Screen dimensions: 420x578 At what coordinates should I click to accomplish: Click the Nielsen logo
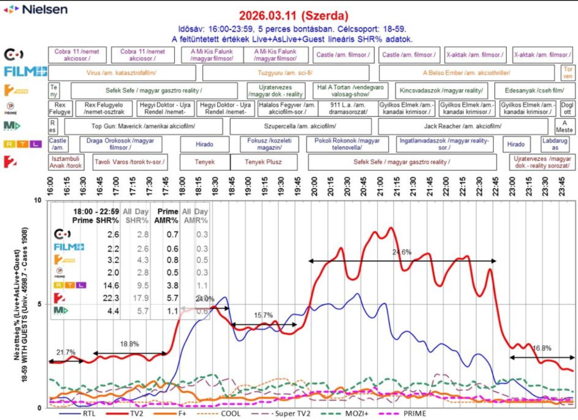pos(36,9)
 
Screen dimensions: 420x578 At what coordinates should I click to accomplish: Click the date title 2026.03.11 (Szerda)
pos(293,16)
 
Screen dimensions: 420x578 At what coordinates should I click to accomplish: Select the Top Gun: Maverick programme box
pos(143,126)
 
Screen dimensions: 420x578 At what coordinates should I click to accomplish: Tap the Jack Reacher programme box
pos(463,126)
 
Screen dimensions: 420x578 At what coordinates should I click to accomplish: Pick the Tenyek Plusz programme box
pos(263,162)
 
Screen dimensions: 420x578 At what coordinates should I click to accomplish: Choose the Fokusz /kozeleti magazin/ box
pos(269,144)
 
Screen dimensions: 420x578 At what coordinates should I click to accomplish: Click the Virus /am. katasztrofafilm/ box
pos(121,73)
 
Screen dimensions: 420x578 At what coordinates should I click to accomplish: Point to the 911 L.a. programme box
pos(348,108)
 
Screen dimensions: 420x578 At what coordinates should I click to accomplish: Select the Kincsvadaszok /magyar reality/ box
pos(441,91)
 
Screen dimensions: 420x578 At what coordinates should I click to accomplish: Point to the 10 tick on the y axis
pos(38,200)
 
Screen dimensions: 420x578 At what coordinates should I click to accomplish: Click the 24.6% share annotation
pos(402,252)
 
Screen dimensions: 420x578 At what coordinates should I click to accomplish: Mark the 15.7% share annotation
pos(263,315)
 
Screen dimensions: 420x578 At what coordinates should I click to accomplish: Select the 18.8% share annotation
pos(129,344)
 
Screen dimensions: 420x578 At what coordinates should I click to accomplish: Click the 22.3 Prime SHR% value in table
pos(111,298)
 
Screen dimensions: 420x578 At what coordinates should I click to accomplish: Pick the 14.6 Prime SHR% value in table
pos(111,285)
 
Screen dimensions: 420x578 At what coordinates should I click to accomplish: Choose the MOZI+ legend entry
pos(357,414)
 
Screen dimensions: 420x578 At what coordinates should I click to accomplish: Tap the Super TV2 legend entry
pos(293,414)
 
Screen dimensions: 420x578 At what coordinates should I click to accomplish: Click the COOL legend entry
pos(231,414)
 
